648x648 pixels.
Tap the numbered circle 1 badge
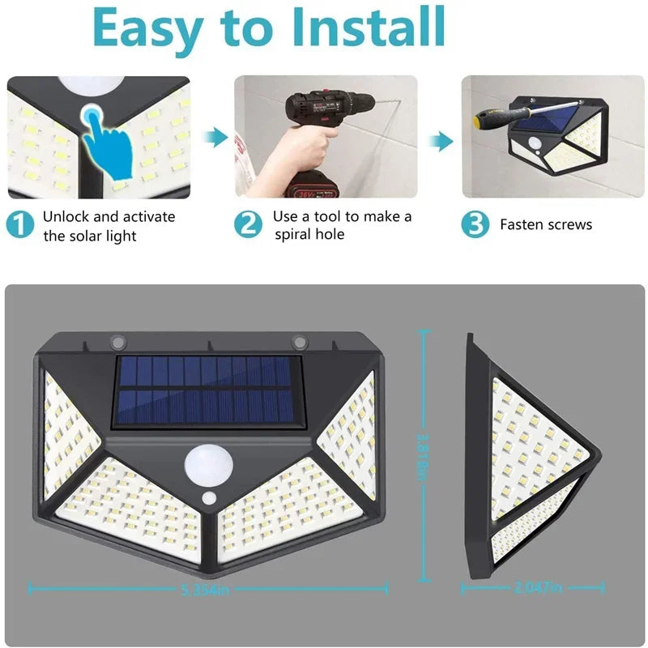(20, 224)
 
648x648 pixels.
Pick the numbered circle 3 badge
(475, 224)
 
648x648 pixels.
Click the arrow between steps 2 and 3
(441, 142)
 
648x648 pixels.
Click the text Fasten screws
(546, 225)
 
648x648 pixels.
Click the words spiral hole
(309, 234)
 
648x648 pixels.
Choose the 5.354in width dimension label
(207, 590)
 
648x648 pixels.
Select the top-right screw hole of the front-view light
(301, 340)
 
